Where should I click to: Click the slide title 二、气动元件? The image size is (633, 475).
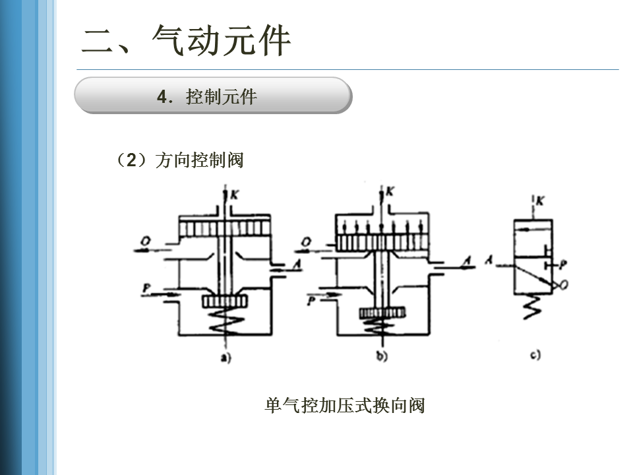coord(186,41)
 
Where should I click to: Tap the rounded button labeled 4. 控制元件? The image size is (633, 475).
coord(212,96)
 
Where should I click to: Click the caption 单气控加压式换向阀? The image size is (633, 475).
coord(344,406)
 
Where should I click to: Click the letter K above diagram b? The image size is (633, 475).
coord(389,192)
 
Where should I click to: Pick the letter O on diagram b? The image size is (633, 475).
coord(306,242)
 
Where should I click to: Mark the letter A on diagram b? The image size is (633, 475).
coord(466,263)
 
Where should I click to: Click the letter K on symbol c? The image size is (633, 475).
coord(541,201)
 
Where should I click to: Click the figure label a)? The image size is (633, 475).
coord(225,358)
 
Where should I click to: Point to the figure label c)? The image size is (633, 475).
coord(535,355)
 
